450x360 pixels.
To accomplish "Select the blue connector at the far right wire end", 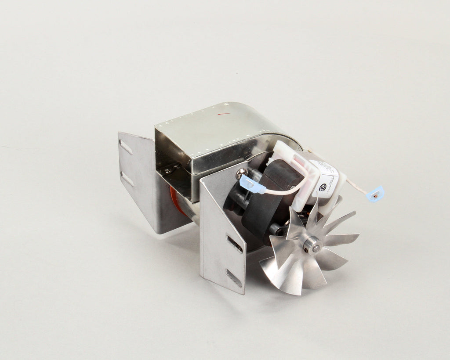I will (x=376, y=193).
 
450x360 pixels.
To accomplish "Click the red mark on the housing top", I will (x=224, y=115).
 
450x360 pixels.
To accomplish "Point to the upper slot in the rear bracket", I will (x=126, y=147).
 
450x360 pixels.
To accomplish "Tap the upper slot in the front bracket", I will (x=234, y=244).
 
